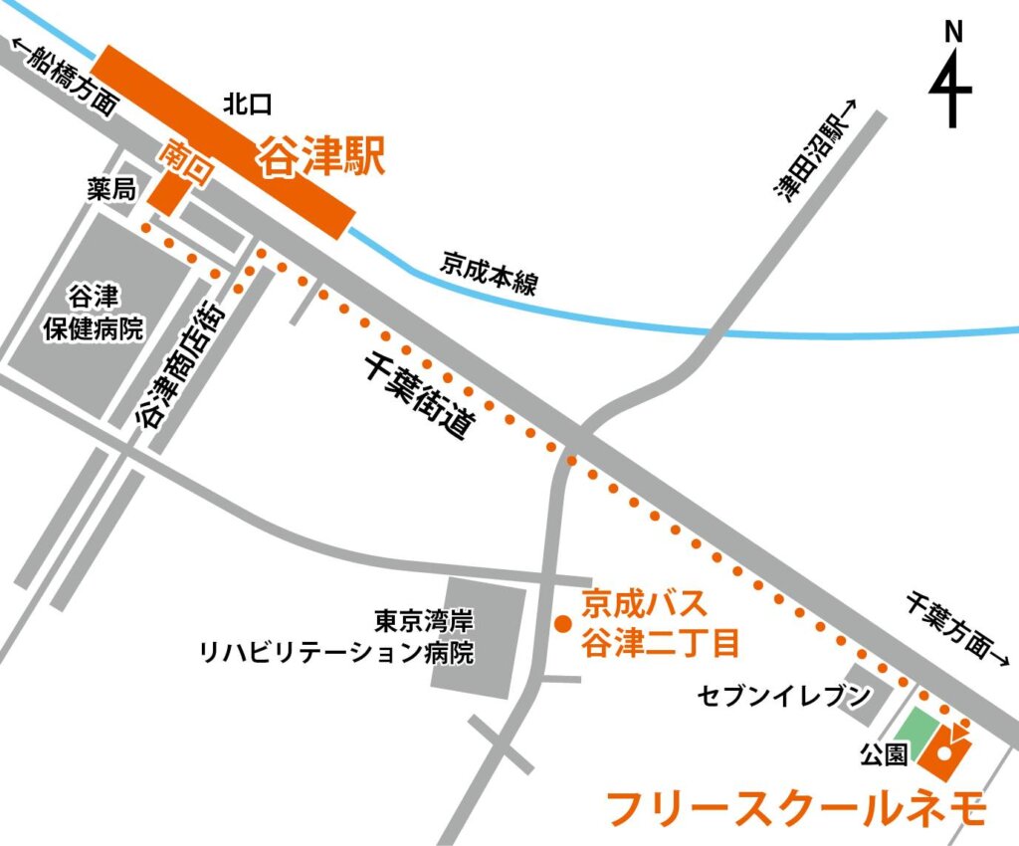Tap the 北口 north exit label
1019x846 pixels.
pyautogui.click(x=248, y=104)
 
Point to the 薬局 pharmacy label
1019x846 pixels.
pyautogui.click(x=110, y=190)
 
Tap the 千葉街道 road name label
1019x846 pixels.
pyautogui.click(x=417, y=397)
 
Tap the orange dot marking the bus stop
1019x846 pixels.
pyautogui.click(x=561, y=625)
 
